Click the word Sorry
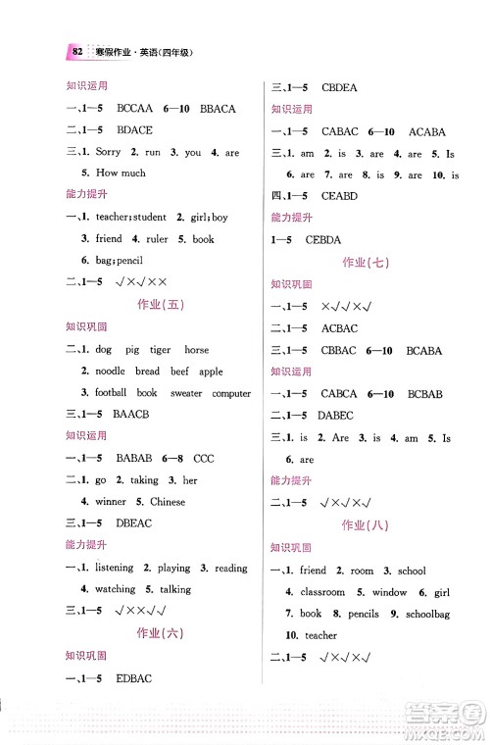click(x=109, y=152)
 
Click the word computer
click(x=231, y=393)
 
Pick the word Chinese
click(x=168, y=502)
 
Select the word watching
click(x=115, y=589)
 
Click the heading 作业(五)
click(x=161, y=304)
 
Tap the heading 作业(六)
click(x=161, y=632)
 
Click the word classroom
click(x=323, y=592)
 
